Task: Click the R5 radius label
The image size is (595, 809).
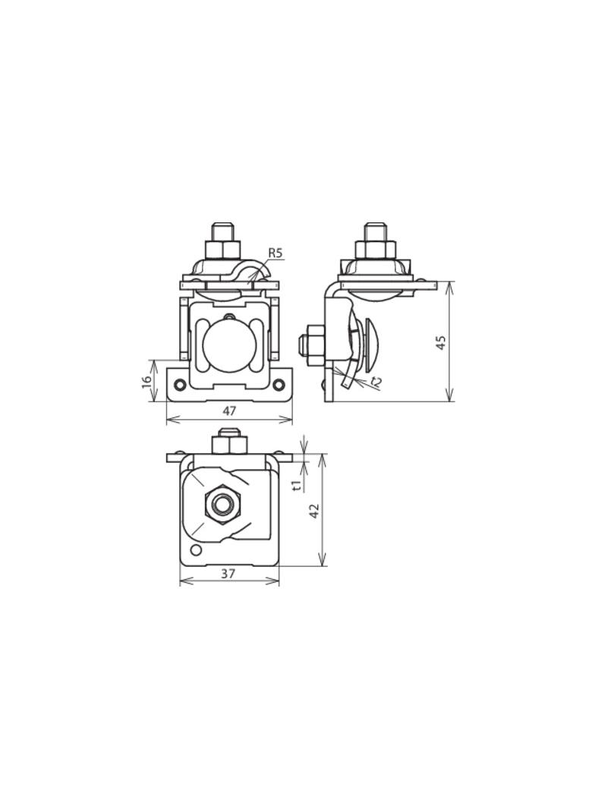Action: point(275,253)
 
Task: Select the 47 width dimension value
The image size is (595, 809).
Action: point(229,411)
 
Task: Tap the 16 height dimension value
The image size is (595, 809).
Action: point(147,381)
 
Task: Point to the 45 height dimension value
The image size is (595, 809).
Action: point(441,342)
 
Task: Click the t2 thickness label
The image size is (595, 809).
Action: point(376,382)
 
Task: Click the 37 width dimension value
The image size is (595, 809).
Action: point(228,574)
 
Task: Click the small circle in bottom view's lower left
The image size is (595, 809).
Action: point(196,550)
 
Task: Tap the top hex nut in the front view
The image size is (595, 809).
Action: point(223,250)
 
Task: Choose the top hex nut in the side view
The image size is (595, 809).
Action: point(375,250)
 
